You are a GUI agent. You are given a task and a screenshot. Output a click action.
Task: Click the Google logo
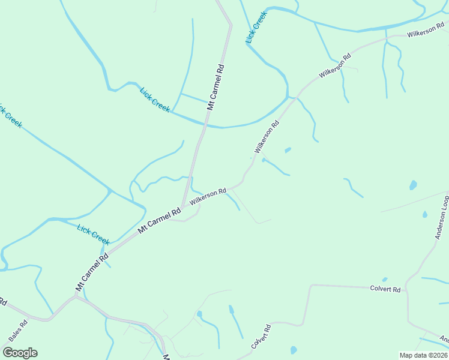click(20, 353)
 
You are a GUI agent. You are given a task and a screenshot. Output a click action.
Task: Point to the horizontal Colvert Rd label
click(385, 289)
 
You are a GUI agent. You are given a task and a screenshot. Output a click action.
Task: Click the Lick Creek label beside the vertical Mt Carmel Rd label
click(155, 100)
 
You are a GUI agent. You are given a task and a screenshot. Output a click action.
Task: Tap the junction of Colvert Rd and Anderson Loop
click(406, 289)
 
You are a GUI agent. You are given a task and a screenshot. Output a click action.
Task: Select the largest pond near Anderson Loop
click(413, 185)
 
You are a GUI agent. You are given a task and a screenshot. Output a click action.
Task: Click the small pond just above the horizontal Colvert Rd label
click(385, 280)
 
